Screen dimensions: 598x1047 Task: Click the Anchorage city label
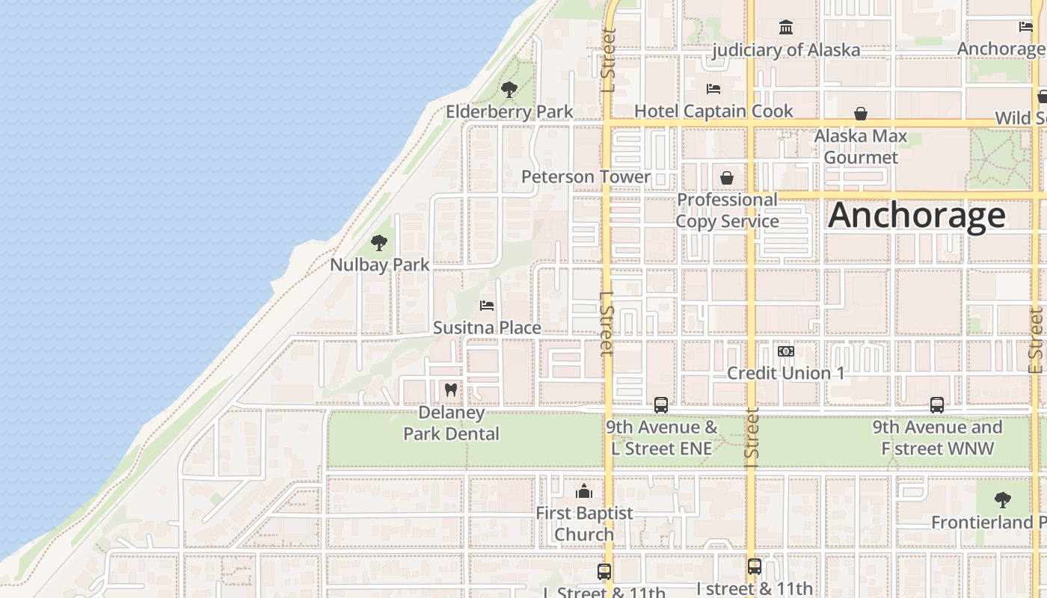click(x=916, y=215)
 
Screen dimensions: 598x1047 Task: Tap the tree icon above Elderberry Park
click(x=509, y=90)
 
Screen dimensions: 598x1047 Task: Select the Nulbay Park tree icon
click(x=379, y=243)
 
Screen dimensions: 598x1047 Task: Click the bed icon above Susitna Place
click(x=487, y=306)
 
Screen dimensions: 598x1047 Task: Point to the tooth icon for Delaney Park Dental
click(x=451, y=389)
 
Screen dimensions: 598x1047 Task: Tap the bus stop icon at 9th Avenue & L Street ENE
click(x=661, y=405)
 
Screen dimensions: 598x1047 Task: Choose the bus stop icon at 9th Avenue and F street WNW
click(x=937, y=405)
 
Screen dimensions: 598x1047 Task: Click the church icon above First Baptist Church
click(x=584, y=491)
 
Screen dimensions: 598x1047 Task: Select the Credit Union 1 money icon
click(x=785, y=351)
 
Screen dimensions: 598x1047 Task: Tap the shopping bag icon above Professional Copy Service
click(x=727, y=178)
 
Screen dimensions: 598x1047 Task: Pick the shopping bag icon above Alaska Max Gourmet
click(x=861, y=114)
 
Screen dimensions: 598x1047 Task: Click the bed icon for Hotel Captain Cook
click(x=713, y=89)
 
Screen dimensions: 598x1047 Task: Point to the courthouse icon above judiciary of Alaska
click(x=786, y=28)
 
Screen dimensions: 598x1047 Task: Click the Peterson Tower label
click(x=586, y=177)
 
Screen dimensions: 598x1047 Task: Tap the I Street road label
click(x=752, y=434)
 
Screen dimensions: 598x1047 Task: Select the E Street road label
click(x=1036, y=341)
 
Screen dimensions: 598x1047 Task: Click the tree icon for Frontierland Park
click(x=1003, y=500)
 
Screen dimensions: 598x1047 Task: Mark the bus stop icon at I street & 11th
click(x=755, y=567)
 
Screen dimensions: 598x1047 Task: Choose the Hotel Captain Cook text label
click(x=713, y=111)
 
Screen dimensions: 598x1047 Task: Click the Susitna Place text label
click(x=487, y=328)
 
